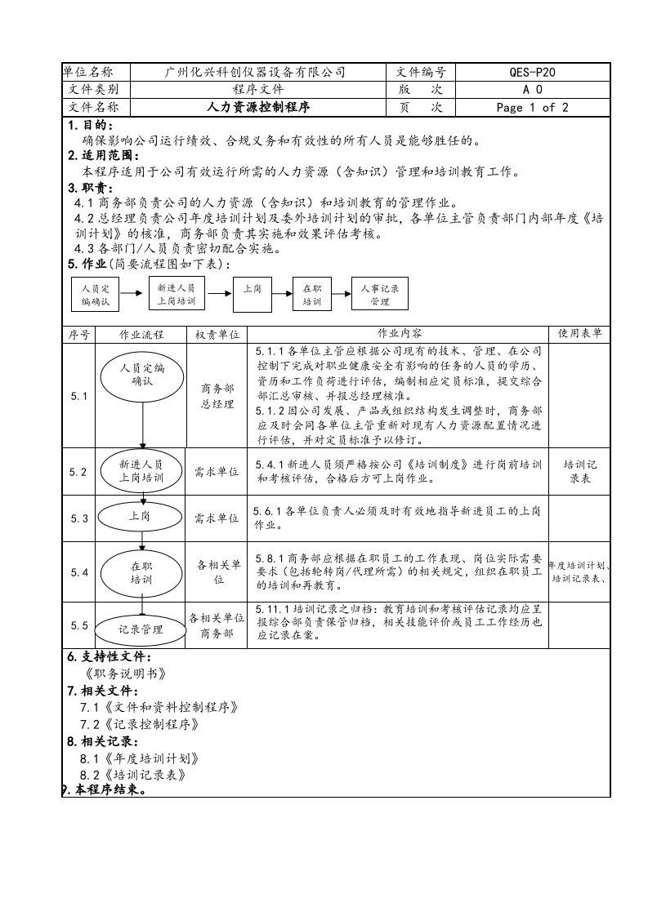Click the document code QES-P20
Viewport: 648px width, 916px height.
532,72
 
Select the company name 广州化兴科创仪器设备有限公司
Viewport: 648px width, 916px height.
255,72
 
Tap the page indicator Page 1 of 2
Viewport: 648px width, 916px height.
532,107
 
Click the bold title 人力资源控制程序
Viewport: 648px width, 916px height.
255,107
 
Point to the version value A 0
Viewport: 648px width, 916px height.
532,90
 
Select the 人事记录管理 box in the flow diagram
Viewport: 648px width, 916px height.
379,295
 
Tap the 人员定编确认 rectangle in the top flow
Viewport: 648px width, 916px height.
95,295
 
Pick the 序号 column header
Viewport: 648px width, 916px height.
78,334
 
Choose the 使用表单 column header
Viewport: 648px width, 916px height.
579,334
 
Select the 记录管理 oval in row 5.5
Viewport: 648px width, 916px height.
141,629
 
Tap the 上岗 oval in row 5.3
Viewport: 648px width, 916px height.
140,517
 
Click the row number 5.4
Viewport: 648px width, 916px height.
78,572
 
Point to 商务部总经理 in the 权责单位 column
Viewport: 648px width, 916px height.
217,396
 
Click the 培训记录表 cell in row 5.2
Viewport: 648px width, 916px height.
579,471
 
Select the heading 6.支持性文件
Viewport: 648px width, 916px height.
109,657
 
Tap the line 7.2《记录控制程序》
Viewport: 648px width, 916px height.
139,724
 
